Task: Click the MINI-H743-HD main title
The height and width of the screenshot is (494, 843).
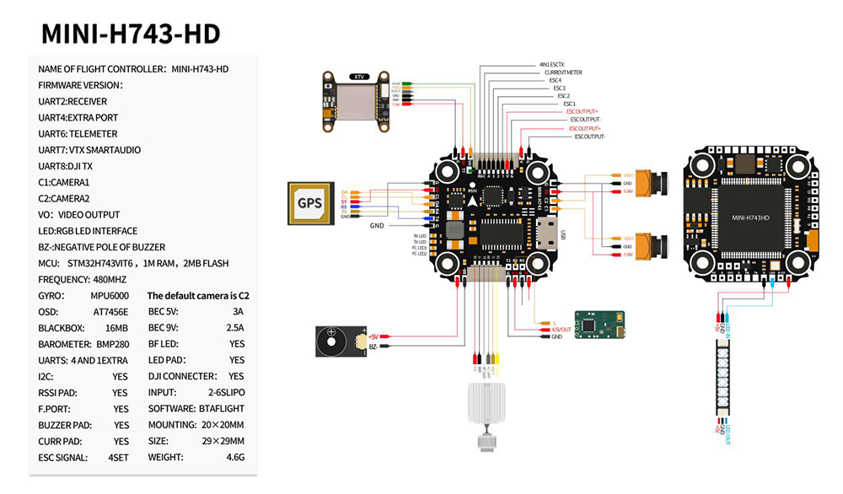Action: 131,34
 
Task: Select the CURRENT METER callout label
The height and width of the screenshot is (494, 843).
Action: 563,72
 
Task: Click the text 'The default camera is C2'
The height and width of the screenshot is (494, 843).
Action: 198,296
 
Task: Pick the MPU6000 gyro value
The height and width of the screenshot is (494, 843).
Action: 111,296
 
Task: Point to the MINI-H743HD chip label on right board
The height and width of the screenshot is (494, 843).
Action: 749,217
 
